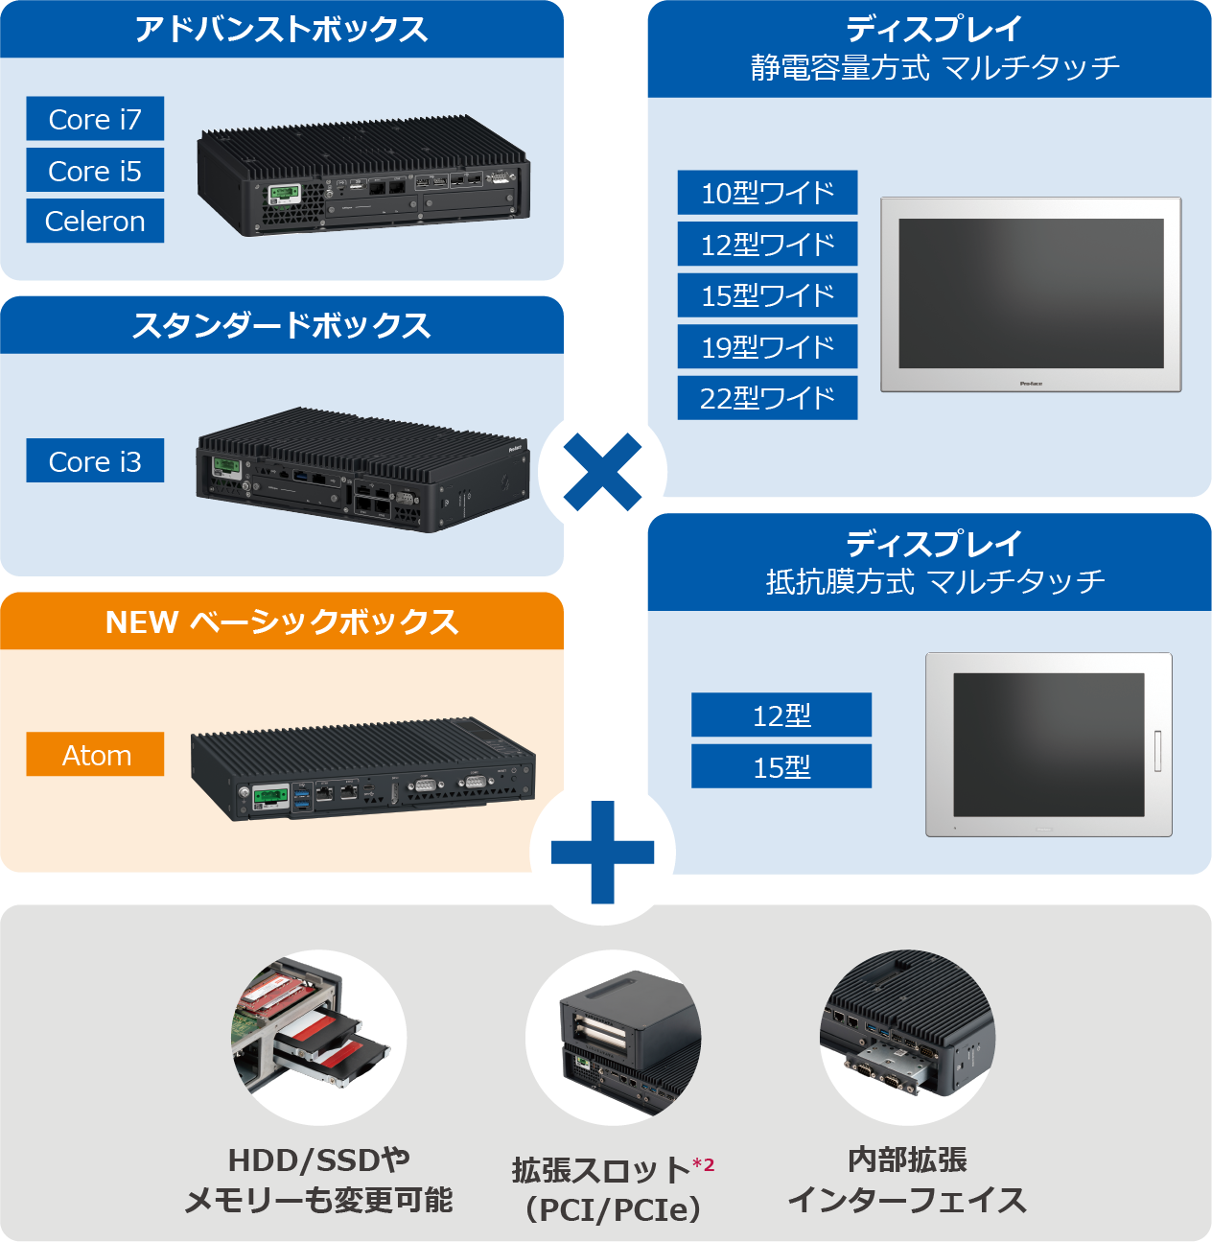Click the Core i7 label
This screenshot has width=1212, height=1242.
click(95, 119)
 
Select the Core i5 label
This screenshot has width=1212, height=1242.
click(95, 171)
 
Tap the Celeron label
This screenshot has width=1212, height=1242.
click(95, 222)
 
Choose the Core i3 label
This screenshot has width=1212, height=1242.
click(95, 461)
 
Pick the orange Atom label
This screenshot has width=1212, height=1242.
click(95, 755)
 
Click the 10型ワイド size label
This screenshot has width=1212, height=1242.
click(767, 193)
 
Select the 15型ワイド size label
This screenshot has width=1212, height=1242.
click(767, 295)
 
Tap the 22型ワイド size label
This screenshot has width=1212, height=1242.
click(767, 398)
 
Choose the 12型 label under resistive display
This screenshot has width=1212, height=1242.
click(781, 715)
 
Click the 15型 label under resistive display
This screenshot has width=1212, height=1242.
click(781, 767)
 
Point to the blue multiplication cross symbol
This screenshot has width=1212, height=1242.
click(602, 471)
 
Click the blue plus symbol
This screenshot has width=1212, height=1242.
click(602, 852)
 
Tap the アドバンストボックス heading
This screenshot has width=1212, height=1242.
click(281, 30)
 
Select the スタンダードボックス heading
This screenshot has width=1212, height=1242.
click(281, 325)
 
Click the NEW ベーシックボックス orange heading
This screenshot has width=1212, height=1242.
click(281, 621)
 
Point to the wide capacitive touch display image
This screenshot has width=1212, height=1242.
click(1031, 294)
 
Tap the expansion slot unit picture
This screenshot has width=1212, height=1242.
click(614, 1037)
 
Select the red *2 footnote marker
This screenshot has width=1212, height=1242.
click(704, 1164)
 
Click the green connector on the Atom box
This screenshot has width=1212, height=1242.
click(270, 798)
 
